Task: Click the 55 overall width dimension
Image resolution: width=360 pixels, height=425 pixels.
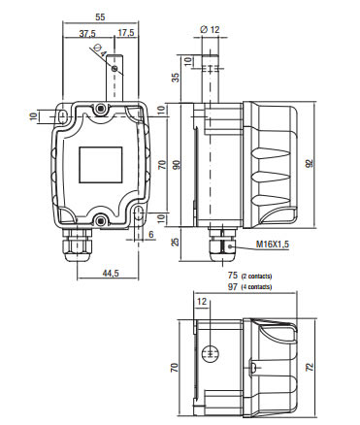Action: point(100,16)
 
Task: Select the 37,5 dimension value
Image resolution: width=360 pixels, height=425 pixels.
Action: point(87,33)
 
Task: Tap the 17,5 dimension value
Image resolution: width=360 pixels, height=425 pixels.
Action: point(126,33)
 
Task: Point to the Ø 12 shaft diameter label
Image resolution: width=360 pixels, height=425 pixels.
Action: point(210,30)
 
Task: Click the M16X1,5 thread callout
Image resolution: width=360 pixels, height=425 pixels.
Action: point(273,245)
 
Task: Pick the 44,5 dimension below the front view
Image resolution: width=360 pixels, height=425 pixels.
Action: point(111,273)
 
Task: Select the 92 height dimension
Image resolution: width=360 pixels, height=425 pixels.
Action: point(310,164)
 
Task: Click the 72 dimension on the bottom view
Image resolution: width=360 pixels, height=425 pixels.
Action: point(310,367)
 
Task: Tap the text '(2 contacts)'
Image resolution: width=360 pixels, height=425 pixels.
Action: point(256,277)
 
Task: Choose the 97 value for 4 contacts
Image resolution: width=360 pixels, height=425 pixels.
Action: point(233,286)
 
